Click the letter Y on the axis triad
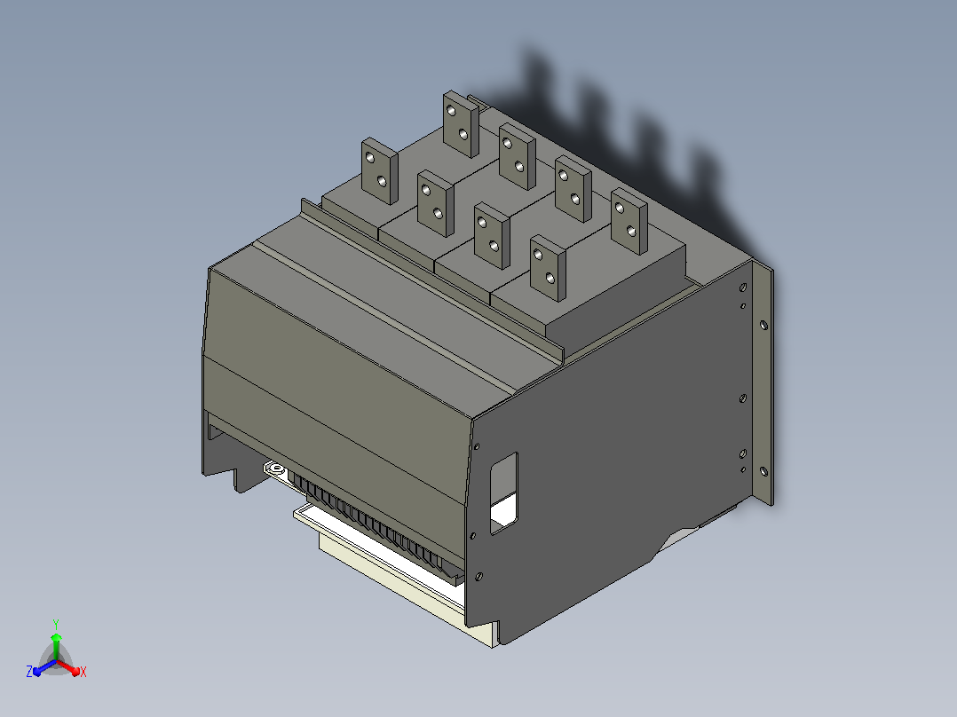(x=56, y=624)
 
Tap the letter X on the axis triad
(x=83, y=672)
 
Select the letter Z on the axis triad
(x=29, y=671)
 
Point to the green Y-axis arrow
(x=56, y=646)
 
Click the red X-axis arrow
(x=68, y=667)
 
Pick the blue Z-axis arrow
(x=44, y=667)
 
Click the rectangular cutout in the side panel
(x=504, y=493)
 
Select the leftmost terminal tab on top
(x=380, y=171)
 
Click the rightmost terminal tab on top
(x=629, y=221)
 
